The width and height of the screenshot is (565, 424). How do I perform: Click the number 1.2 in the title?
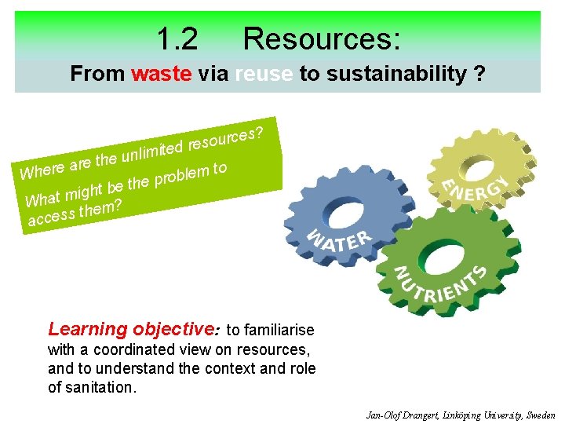[x=177, y=38]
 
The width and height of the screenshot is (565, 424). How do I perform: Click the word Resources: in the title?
[x=322, y=38]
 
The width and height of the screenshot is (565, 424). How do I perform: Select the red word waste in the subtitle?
[x=162, y=74]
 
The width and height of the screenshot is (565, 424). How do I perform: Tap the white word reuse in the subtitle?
[x=263, y=74]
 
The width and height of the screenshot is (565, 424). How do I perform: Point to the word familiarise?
[x=280, y=331]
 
